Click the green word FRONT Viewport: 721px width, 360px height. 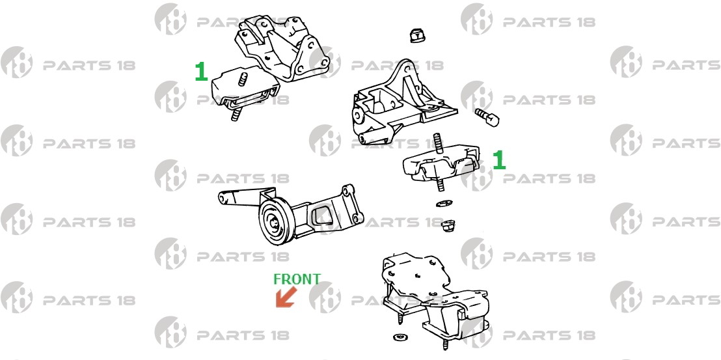pos(297,279)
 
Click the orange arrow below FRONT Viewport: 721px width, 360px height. pos(286,297)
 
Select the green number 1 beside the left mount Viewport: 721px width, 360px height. pos(201,72)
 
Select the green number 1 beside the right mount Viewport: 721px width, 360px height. pos(499,160)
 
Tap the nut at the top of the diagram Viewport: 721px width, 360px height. pos(416,35)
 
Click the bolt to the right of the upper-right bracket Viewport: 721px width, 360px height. pos(487,117)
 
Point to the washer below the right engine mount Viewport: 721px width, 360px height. pos(444,203)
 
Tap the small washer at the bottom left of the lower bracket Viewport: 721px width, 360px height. pos(400,337)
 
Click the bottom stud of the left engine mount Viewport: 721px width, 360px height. pos(236,113)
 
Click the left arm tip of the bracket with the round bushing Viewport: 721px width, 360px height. pos(224,198)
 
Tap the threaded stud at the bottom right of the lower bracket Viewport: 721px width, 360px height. pos(446,344)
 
